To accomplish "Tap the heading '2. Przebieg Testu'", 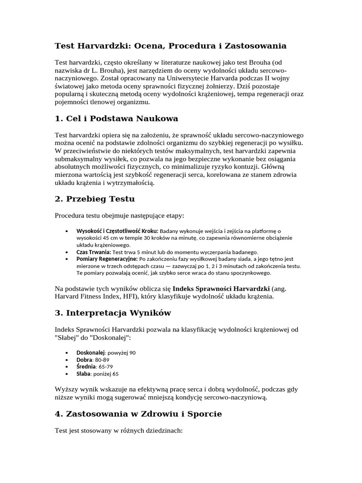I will point(95,199).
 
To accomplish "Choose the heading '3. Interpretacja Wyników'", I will point(113,313).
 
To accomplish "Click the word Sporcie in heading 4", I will point(203,414).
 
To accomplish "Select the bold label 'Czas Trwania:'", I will point(93,252).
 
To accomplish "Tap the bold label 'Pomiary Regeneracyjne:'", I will point(107,259).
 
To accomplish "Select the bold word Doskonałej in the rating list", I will point(90,352).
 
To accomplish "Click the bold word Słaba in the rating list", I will point(83,374).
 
